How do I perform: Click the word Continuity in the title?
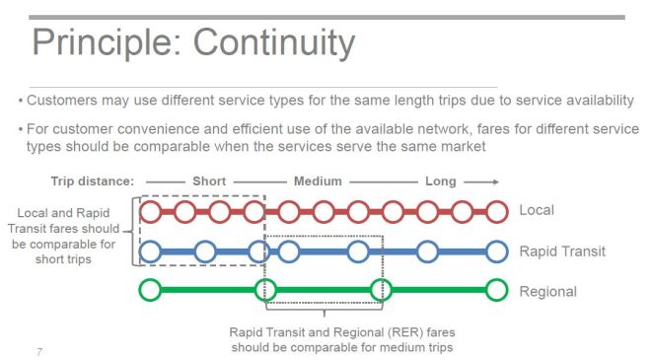click(x=273, y=42)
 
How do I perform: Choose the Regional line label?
click(x=547, y=291)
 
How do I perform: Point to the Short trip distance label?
click(x=208, y=181)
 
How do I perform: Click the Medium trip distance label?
click(x=318, y=181)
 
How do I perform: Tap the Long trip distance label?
click(x=440, y=181)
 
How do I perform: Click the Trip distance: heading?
click(x=92, y=181)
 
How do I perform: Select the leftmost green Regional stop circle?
click(x=150, y=291)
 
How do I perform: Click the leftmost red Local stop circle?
click(x=150, y=211)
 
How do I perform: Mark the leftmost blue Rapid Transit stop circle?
click(x=150, y=252)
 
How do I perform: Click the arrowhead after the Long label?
click(x=493, y=181)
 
